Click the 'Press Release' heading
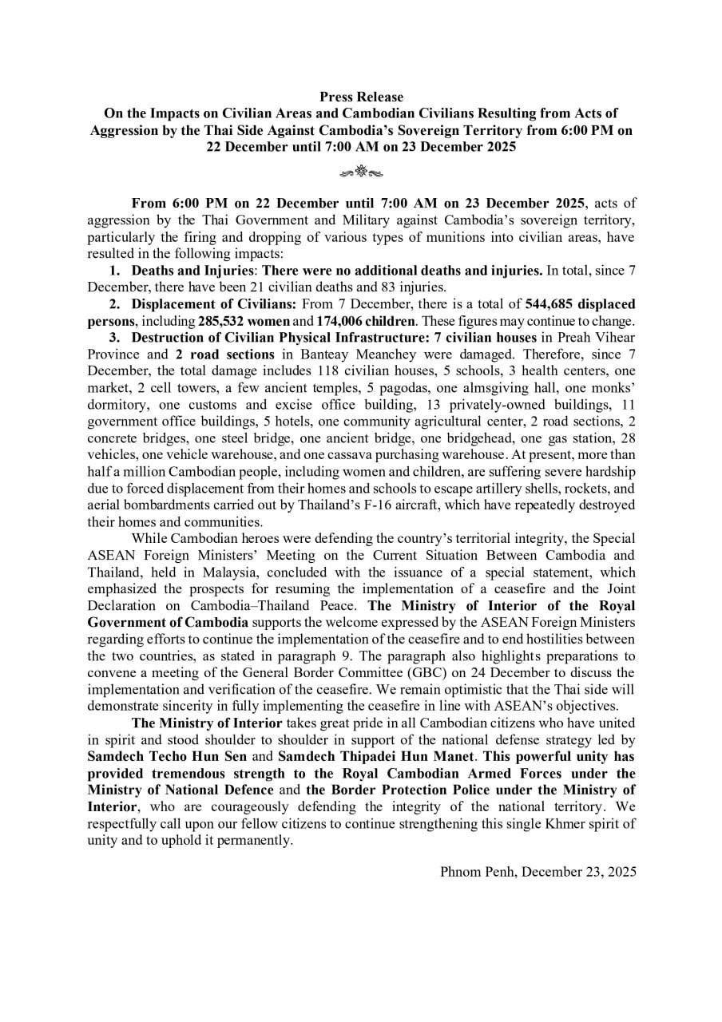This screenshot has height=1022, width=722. coord(361,97)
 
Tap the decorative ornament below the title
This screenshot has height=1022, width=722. coord(361,170)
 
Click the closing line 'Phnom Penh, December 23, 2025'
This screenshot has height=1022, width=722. coord(538,871)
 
